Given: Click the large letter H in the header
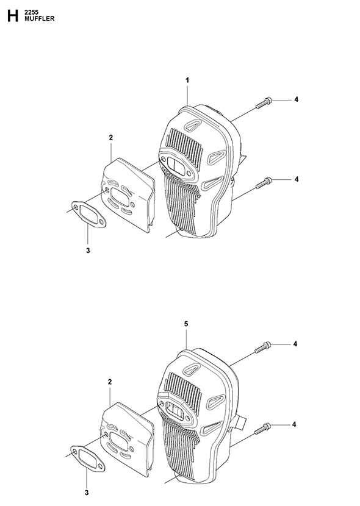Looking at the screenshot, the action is pos(13,16).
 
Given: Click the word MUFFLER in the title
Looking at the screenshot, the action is pos(40,19).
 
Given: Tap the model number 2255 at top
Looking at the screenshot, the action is pos(31,13).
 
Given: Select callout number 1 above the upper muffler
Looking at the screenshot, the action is pos(187,80).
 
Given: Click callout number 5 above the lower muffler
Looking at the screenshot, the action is pos(186,324).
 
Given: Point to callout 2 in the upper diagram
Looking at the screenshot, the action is pos(111,137).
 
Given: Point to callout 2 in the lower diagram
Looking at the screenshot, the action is pos(110,382).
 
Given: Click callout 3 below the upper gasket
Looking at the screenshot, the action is pos(88,251).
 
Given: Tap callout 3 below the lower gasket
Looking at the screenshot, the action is pos(87,493).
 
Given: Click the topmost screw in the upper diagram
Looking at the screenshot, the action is pos(264,102).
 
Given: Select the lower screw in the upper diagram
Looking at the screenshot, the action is pos(264,183).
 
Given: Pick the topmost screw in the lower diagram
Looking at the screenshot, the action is pos(262,347).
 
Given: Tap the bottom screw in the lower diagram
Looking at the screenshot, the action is pos(262,428).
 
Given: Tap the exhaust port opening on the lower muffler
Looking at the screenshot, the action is pos(176,410).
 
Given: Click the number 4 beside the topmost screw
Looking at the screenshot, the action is pos(296,99).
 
